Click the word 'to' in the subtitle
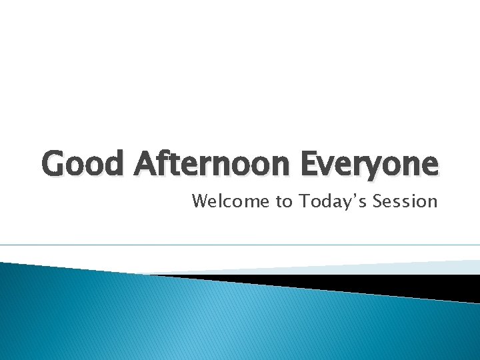pos(284,201)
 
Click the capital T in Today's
pos(304,201)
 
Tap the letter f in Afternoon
pos(165,163)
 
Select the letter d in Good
pos(115,163)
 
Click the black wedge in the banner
pos(400,285)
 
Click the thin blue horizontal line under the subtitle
pos(240,245)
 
